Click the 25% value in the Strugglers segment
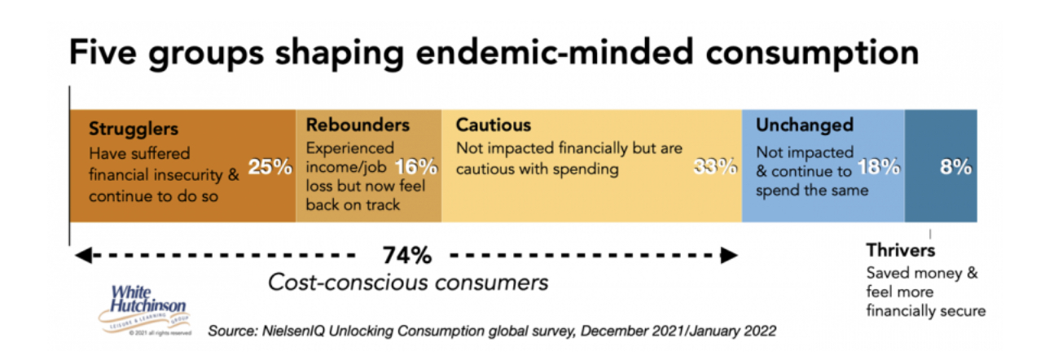point(270,169)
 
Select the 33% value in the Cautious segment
point(715,169)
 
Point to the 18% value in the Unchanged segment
point(878,169)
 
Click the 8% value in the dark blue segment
point(955,169)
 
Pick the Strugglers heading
point(134,129)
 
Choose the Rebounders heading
point(358,125)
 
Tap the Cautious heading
point(494,125)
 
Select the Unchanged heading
point(804,125)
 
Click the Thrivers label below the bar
point(900,251)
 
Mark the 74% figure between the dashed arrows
point(406,255)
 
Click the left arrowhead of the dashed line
point(80,255)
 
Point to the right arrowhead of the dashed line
point(731,255)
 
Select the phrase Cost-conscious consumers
point(408,283)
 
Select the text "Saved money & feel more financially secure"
point(925,292)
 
